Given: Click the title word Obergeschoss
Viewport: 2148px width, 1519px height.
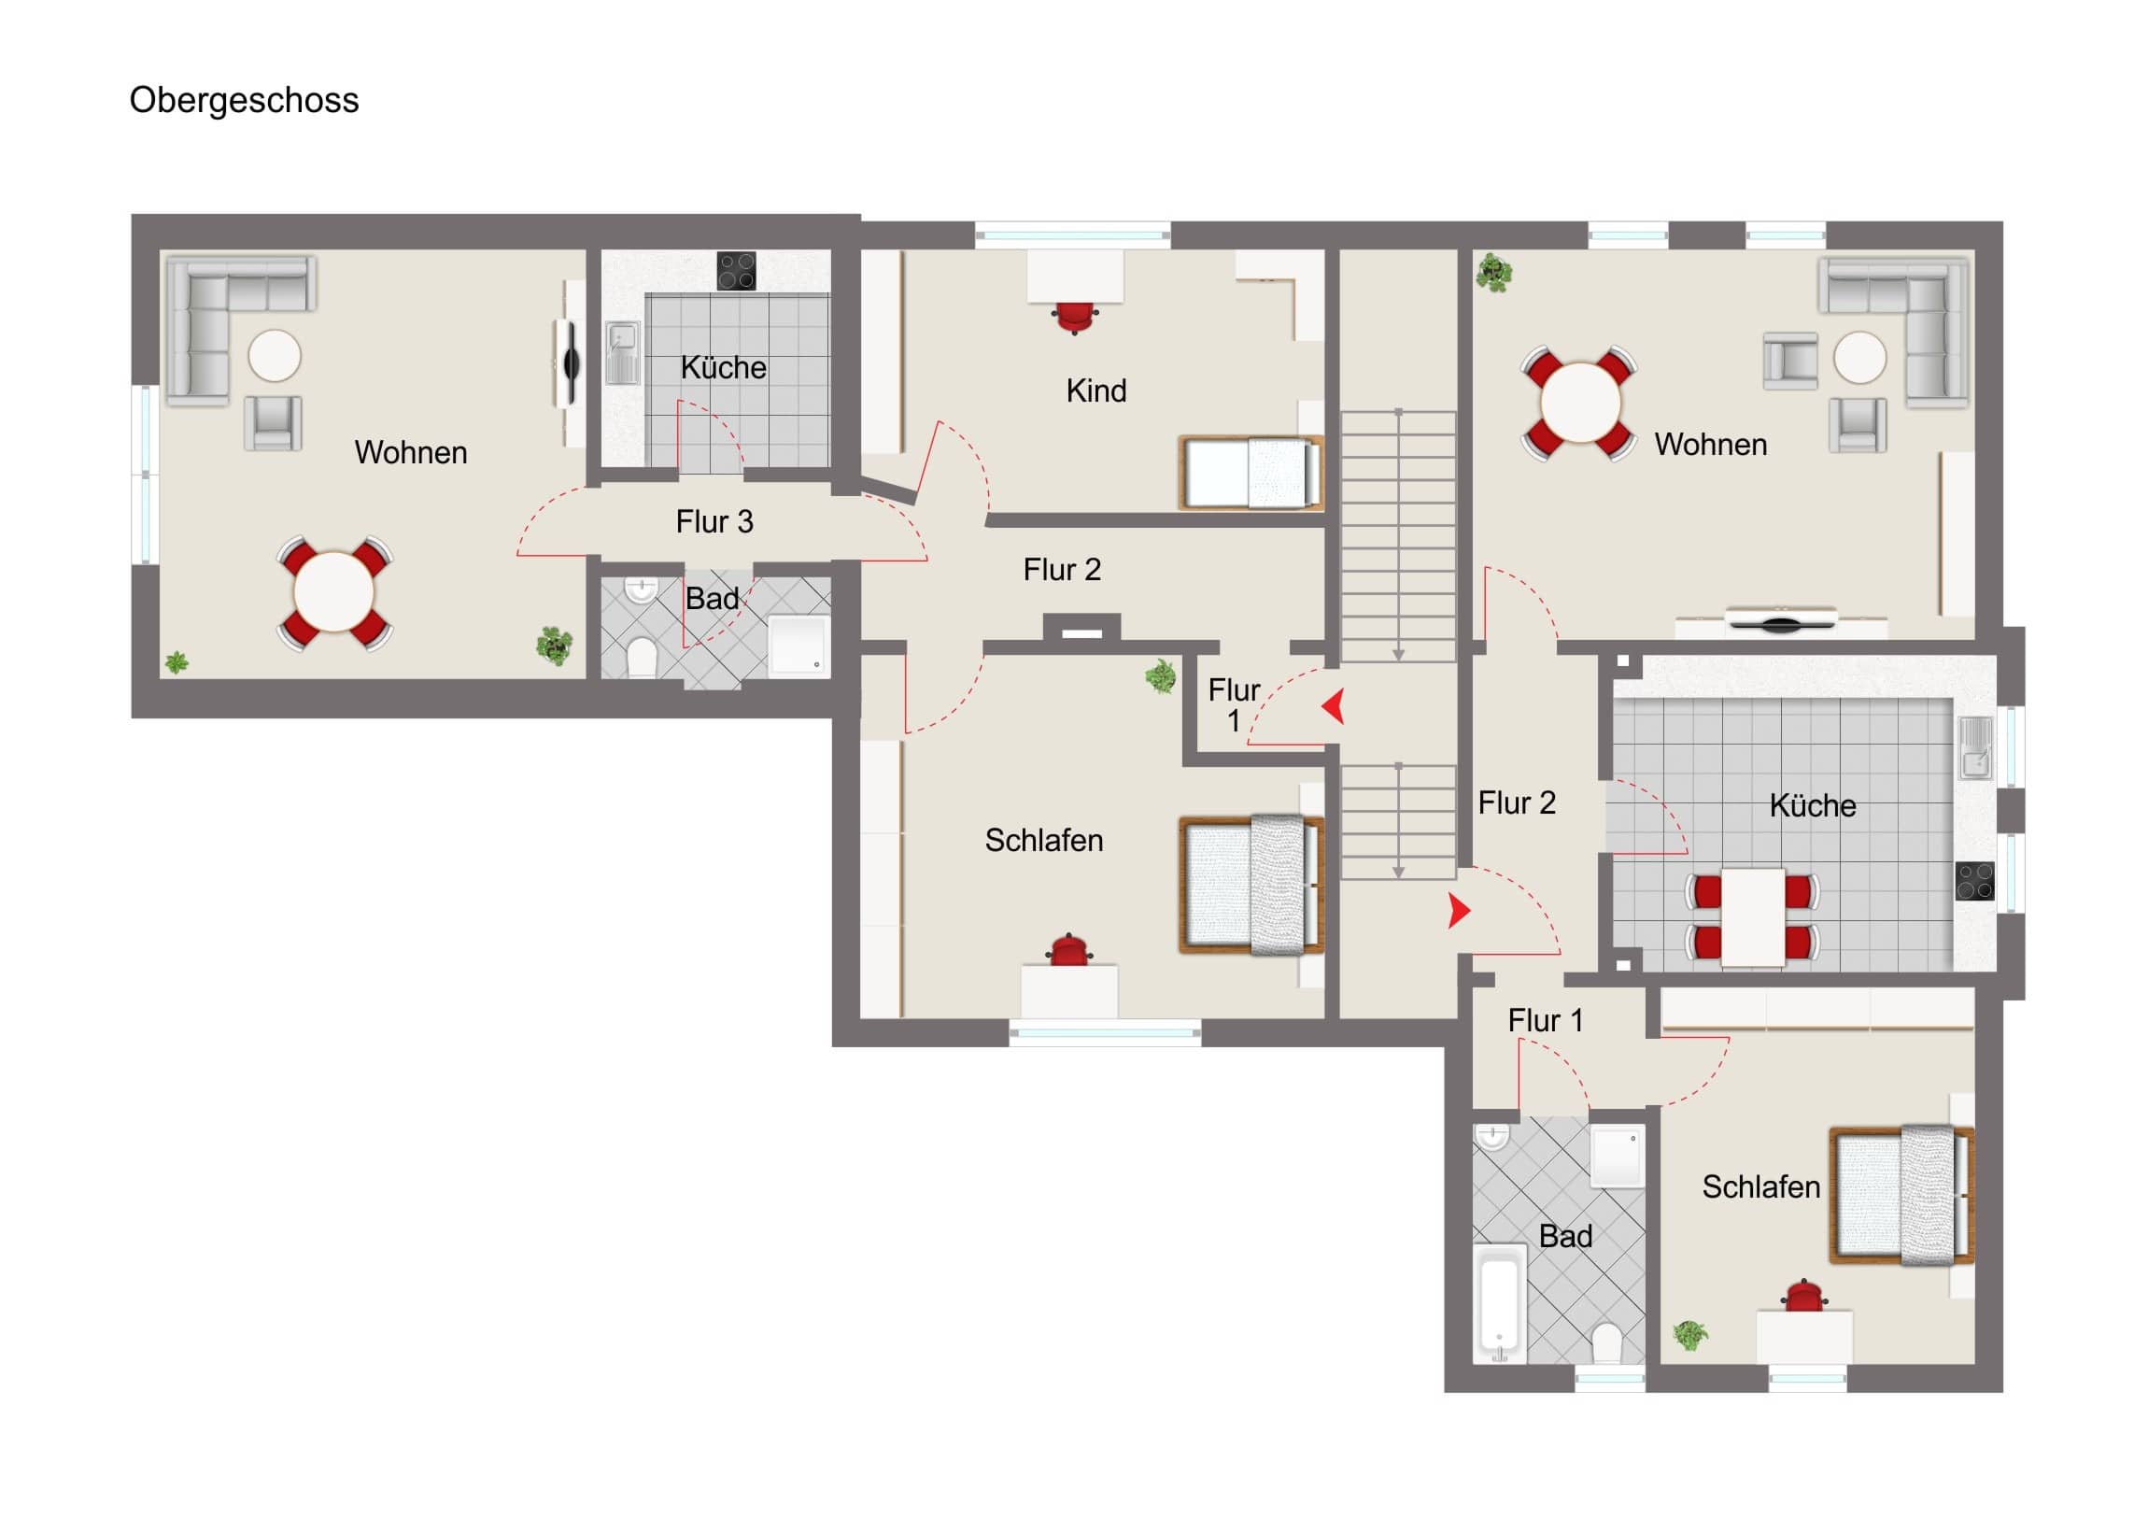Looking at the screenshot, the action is [x=244, y=100].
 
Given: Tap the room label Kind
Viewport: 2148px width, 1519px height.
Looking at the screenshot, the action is [x=1096, y=390].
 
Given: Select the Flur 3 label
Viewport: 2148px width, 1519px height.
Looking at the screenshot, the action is [x=714, y=521].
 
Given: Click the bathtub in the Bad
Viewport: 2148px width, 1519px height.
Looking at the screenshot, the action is [x=1501, y=1303].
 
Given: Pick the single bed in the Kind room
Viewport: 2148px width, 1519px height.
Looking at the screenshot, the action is [x=1251, y=473].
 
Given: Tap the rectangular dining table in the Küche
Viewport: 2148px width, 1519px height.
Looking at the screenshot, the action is [x=1753, y=917].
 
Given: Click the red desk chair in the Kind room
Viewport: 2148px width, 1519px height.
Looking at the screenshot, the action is [x=1075, y=318].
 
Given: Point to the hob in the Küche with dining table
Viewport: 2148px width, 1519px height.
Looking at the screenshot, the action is [x=1975, y=881].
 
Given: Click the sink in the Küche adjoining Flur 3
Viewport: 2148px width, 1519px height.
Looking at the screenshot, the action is [x=622, y=353].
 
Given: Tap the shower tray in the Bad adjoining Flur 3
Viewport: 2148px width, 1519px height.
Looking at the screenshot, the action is [x=798, y=643].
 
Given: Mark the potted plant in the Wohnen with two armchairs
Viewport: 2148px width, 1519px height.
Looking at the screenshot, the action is [x=1494, y=273].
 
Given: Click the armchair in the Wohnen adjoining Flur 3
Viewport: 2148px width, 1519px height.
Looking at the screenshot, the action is [x=273, y=423].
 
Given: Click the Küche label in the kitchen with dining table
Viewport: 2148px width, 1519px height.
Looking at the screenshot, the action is [x=1812, y=805].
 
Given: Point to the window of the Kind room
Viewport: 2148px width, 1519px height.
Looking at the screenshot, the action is [x=1072, y=234].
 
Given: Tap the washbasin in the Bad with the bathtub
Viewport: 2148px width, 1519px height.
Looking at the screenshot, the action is [x=1492, y=1136].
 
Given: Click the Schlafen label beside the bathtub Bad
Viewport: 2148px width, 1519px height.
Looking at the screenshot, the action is [x=1760, y=1186].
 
